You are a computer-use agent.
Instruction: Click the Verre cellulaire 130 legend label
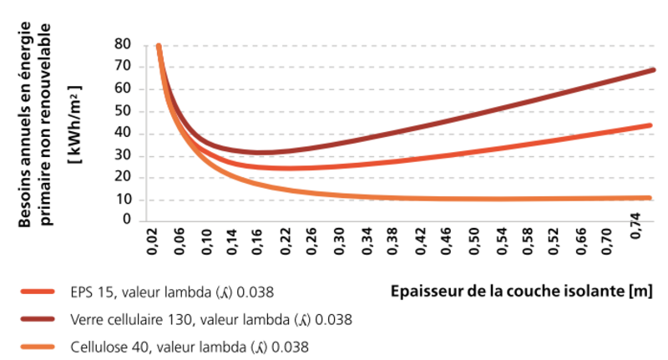211,319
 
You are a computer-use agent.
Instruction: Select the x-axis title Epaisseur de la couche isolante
521,292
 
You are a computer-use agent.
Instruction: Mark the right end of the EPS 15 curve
650,126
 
